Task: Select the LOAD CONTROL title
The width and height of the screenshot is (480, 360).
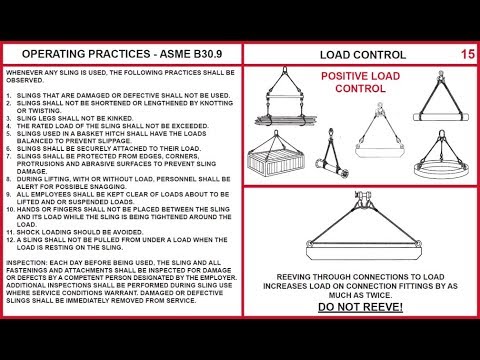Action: pyautogui.click(x=362, y=55)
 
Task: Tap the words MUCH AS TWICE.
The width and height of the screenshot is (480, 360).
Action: pyautogui.click(x=362, y=294)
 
